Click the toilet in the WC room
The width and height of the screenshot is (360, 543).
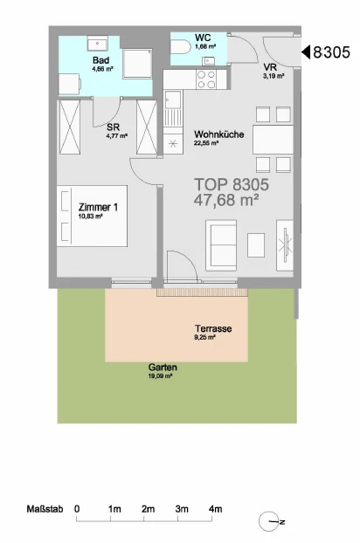[x=180, y=46]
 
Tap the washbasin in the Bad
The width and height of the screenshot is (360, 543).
[x=97, y=44]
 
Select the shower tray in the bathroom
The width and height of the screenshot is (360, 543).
[x=137, y=64]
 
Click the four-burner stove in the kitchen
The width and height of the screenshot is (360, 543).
[x=206, y=79]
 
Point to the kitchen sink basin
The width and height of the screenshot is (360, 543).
[x=172, y=100]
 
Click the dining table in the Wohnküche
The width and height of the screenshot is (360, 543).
[x=273, y=140]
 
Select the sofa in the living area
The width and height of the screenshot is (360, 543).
[x=221, y=244]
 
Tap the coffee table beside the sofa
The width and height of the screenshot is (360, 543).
[x=256, y=244]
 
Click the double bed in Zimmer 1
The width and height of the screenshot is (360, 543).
[x=92, y=217]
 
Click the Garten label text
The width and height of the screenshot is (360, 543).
[x=163, y=367]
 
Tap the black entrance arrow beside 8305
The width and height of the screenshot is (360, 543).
[x=306, y=52]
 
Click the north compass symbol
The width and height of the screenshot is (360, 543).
[x=270, y=521]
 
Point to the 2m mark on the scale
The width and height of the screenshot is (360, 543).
[x=148, y=509]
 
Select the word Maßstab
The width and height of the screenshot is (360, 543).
[x=45, y=509]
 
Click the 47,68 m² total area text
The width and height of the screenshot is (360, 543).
[x=226, y=200]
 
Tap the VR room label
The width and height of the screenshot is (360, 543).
[x=270, y=67]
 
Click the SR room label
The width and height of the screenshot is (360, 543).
[x=113, y=127]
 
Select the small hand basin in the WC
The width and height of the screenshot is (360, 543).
[x=209, y=61]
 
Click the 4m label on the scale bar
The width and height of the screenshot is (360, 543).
[x=215, y=509]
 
